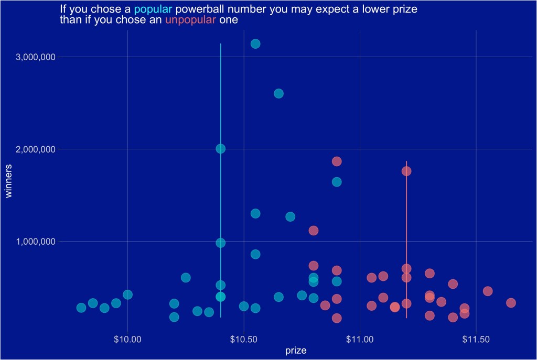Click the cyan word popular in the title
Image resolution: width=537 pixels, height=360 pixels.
pos(153,9)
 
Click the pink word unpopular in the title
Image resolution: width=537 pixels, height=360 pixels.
pos(190,20)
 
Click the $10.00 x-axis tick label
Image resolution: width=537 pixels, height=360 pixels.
pos(128,340)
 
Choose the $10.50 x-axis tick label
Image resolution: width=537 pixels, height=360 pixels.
pos(244,340)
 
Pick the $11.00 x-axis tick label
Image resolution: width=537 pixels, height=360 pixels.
pos(360,340)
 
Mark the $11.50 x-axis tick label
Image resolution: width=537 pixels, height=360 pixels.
pos(476,340)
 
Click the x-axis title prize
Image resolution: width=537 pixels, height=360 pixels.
pos(296,351)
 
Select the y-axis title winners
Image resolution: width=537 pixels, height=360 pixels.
pos(8,181)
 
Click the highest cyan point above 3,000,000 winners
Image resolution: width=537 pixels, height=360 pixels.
pos(255,43)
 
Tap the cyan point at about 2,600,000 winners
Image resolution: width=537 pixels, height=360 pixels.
pos(278,93)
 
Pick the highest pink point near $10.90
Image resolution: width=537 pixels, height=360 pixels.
pos(337,161)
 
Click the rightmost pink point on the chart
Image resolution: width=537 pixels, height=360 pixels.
pos(511,302)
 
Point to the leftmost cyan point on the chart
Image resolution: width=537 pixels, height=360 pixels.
pos(81,308)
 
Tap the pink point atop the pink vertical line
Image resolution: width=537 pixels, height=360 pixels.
pos(406,171)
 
